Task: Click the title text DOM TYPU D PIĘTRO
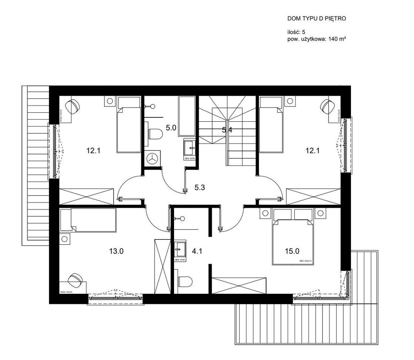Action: coord(316,18)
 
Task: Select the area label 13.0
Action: coord(116,251)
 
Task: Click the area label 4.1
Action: coord(197,251)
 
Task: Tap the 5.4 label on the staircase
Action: coord(227,130)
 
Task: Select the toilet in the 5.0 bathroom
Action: coord(155,134)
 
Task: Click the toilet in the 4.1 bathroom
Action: coord(185,282)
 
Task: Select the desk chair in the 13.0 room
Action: coord(75,280)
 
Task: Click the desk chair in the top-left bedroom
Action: coord(74,105)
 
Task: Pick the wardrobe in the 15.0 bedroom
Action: coord(239,285)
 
